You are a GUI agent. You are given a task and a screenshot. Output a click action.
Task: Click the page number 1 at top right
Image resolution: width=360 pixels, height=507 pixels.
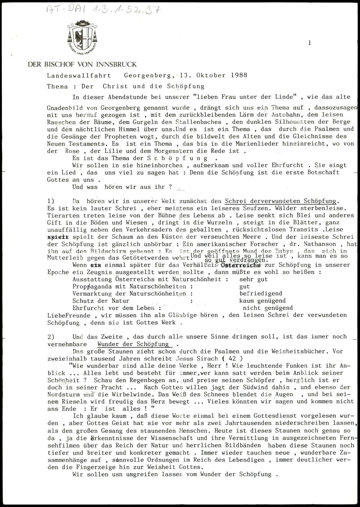(309, 43)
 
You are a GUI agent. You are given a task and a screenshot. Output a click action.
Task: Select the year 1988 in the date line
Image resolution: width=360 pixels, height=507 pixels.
(239, 76)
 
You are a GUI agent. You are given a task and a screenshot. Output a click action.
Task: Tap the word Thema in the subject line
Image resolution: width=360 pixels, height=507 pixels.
(57, 86)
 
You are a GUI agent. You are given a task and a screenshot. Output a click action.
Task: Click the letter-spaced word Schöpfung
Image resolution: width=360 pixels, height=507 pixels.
(177, 158)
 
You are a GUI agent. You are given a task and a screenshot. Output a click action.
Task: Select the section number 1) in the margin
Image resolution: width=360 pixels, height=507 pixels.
(51, 201)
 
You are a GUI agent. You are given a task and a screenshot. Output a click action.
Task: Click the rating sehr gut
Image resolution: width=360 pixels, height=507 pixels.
(253, 279)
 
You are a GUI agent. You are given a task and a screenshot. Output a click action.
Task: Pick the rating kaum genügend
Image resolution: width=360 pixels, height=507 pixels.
(262, 301)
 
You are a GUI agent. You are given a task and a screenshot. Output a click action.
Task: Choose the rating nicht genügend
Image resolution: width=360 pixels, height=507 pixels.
(268, 308)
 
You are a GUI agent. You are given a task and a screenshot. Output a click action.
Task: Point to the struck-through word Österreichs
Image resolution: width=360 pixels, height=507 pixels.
(241, 265)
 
